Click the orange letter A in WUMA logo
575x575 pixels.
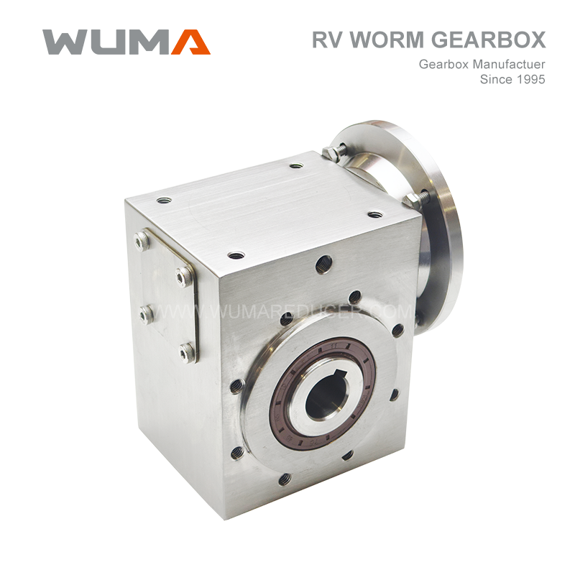191,42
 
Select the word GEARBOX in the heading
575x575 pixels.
488,40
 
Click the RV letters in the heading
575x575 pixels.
328,40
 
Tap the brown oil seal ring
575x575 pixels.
323,391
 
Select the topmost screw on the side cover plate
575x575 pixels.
142,241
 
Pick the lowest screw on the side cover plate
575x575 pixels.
186,353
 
